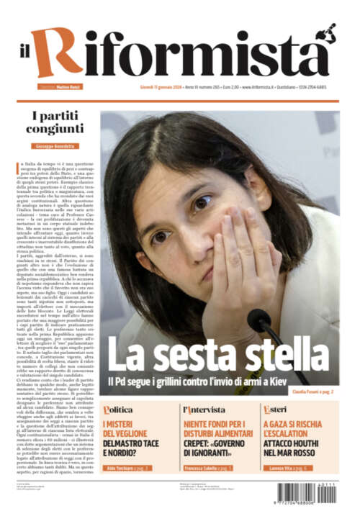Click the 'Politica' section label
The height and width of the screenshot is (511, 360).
118,410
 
